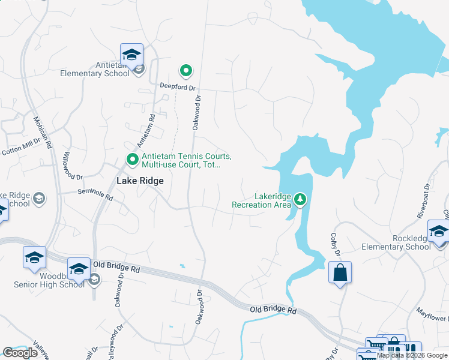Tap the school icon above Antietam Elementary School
pos(131,55)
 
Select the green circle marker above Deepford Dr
pos(186,71)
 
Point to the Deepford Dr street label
pos(178,86)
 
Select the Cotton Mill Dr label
pos(24,146)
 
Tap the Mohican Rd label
pos(44,133)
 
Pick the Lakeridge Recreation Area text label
pos(262,200)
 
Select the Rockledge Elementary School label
pos(396,242)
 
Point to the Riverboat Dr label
pos(424,199)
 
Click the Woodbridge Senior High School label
pos(49,281)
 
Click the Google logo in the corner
pos(20,353)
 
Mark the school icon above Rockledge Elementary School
pos(439,231)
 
